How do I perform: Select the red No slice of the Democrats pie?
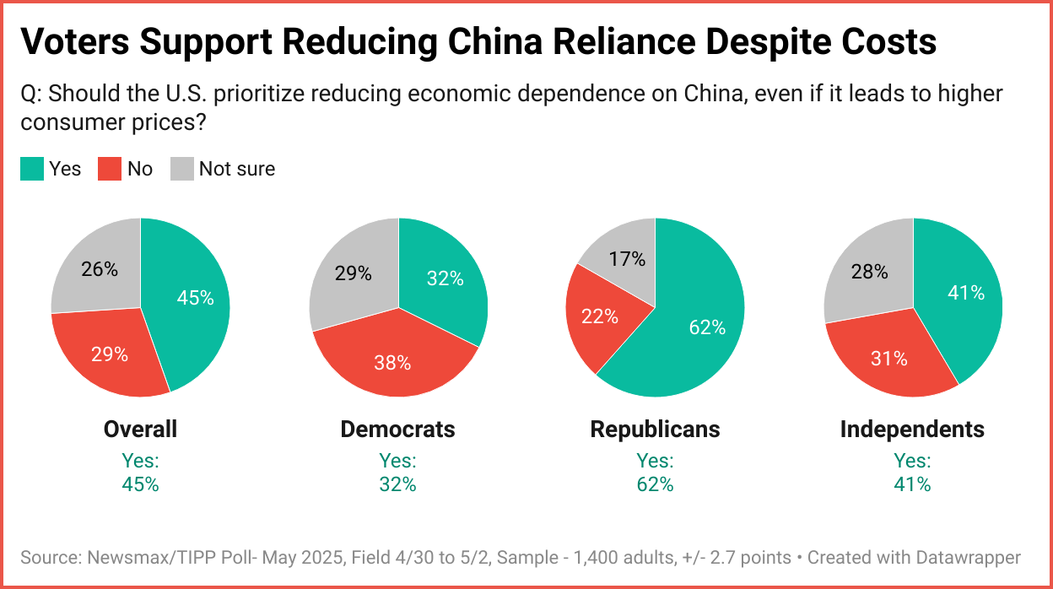coord(392,359)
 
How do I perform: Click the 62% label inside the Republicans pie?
coord(706,327)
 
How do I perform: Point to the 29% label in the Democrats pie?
coord(353,273)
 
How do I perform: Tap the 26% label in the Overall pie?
coord(100,269)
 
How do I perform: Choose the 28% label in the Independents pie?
coord(869,272)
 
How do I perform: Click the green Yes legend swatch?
coord(31,169)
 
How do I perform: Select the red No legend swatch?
coord(110,169)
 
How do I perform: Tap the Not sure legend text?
coord(237,169)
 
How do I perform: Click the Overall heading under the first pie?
coord(140,429)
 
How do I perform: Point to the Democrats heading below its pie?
coord(397,429)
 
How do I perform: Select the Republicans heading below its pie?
coord(655,429)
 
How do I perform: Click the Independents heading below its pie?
coord(912,429)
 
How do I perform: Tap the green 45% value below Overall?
coord(140,484)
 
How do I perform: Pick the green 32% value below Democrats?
coord(397,484)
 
